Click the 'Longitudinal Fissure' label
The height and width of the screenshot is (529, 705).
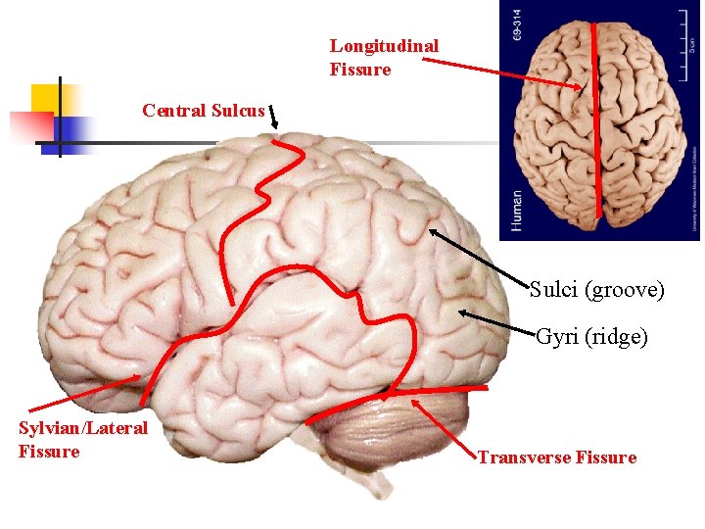coord(383,58)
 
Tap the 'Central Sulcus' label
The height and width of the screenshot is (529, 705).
coord(203,111)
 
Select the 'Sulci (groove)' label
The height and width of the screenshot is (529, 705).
coord(596,290)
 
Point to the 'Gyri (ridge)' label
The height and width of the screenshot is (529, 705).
coord(591,337)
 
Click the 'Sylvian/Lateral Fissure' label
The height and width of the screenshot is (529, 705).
coord(82,439)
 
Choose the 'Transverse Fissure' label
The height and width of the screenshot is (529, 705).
coord(556,457)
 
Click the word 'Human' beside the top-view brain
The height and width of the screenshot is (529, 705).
coord(516,209)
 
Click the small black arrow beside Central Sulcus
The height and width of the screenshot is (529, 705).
coord(273,117)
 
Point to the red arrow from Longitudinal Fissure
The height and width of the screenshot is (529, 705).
coord(504,72)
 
